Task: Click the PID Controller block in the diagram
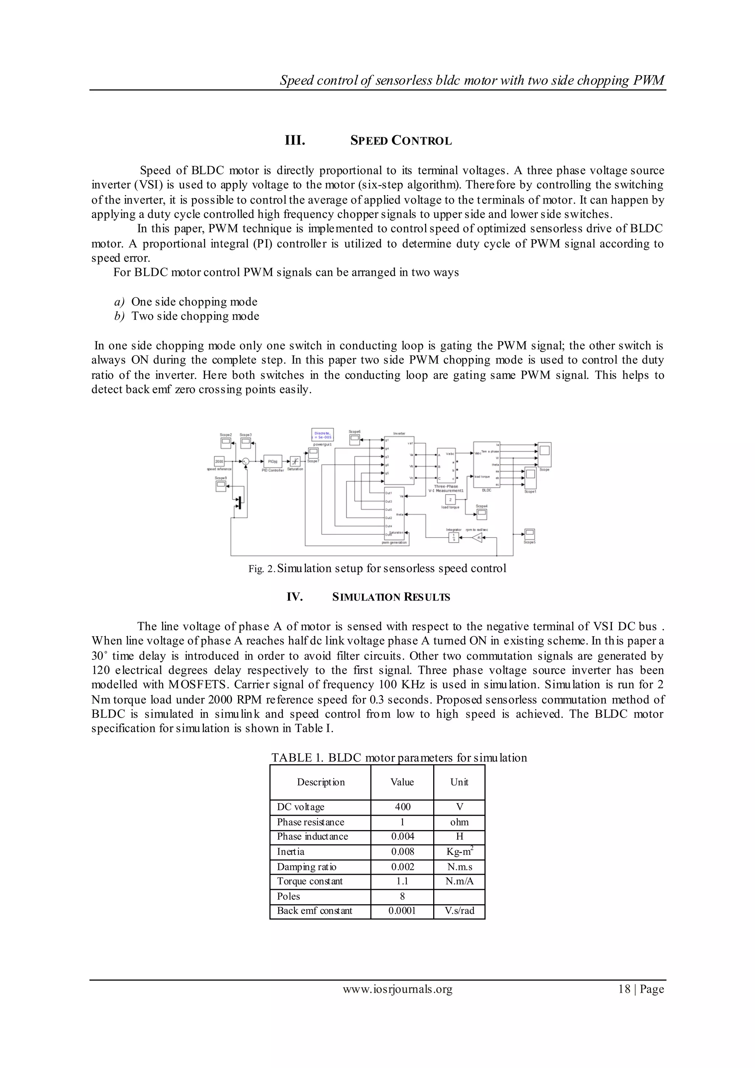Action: (272, 461)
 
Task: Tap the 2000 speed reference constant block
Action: (219, 461)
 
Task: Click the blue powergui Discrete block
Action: (322, 434)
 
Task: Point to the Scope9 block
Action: (221, 486)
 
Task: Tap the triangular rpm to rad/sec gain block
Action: (477, 538)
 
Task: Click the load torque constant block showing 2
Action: (450, 500)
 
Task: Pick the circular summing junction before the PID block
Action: (246, 461)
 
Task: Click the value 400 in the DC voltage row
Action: (402, 807)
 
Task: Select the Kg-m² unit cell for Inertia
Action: (459, 851)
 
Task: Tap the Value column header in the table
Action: (402, 782)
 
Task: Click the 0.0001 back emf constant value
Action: (402, 911)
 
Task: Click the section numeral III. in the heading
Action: (295, 141)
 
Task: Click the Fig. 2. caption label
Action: (262, 569)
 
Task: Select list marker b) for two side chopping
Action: (119, 317)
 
